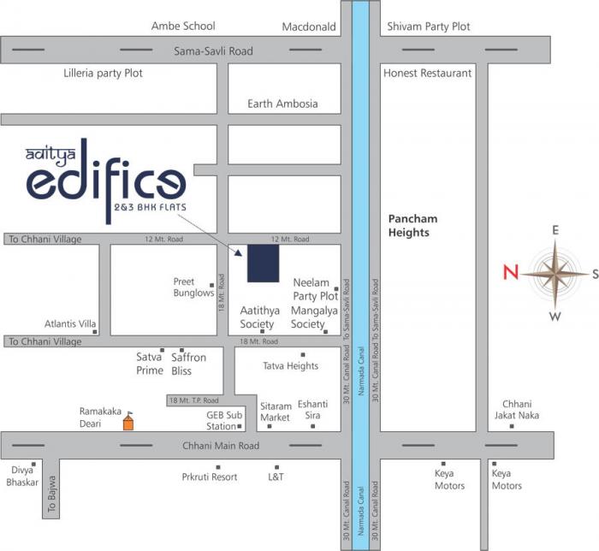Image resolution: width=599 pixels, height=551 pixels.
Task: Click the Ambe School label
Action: (183, 27)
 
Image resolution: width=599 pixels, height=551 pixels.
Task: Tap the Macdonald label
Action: (309, 27)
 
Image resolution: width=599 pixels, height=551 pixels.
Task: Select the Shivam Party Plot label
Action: (429, 27)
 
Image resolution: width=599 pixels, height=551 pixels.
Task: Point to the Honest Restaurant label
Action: (427, 74)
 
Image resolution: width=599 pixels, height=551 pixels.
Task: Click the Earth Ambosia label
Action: (282, 104)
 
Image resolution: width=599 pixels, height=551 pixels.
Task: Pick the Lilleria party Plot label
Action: (103, 74)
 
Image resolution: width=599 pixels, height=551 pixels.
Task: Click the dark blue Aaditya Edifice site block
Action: (263, 263)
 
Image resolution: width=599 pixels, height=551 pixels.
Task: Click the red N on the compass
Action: (511, 273)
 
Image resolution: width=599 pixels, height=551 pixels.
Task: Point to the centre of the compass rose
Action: (555, 274)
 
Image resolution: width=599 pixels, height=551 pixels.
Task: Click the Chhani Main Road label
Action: (221, 446)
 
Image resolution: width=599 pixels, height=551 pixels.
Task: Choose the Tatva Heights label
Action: (290, 366)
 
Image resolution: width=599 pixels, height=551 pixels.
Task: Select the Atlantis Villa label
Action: (68, 323)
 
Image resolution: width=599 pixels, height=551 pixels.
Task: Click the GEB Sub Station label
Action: (221, 420)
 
